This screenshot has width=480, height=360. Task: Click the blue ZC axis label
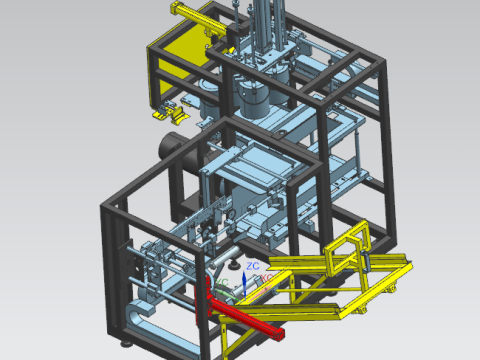253,265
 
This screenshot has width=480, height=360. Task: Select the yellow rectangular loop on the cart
350,245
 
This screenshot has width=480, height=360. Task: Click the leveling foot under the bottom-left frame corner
126,343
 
